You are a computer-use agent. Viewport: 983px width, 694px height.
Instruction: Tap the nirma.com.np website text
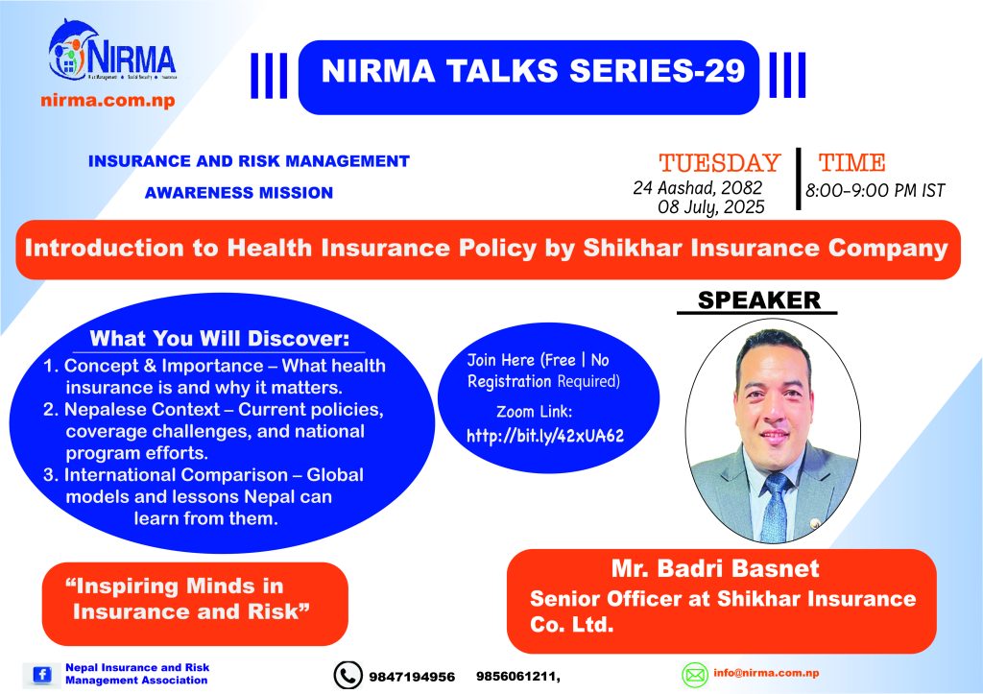(x=108, y=100)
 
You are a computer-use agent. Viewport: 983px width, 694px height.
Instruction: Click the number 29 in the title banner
(x=724, y=70)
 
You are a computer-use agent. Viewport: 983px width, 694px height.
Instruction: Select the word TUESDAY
(x=719, y=163)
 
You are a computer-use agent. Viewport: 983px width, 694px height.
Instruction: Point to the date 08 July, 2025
(x=711, y=207)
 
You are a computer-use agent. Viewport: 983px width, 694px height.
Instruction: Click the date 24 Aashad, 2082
(x=698, y=187)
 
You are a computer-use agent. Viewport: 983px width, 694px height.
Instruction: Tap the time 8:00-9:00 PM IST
(x=875, y=190)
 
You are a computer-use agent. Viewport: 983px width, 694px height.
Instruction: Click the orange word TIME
(x=852, y=163)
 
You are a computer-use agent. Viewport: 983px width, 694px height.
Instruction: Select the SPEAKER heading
(x=759, y=300)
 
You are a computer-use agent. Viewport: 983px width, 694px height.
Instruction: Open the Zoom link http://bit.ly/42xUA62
(x=545, y=437)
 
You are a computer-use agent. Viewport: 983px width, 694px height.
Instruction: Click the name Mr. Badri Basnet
(x=715, y=568)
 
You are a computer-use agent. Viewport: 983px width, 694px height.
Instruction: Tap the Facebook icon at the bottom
(x=42, y=675)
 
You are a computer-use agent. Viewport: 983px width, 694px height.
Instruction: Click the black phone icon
(x=348, y=675)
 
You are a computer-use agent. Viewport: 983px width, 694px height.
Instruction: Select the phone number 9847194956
(x=412, y=677)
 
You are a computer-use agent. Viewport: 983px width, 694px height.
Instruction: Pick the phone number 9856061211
(x=515, y=677)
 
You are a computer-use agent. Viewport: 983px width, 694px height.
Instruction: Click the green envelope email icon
(x=695, y=675)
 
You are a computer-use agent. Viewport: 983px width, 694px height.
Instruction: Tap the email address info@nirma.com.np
(x=766, y=673)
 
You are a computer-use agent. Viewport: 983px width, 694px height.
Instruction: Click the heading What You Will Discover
(x=220, y=339)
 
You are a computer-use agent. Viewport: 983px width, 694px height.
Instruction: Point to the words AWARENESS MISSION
(x=239, y=193)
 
